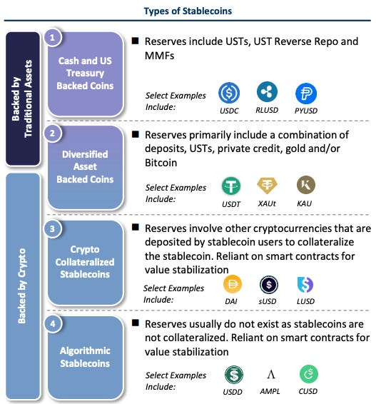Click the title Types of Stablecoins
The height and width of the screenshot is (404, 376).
188,11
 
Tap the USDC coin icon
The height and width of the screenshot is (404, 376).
229,93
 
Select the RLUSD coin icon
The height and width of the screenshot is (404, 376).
267,92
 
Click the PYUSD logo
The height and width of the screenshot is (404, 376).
306,93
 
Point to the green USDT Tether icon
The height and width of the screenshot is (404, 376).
231,186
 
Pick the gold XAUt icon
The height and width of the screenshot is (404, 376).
267,186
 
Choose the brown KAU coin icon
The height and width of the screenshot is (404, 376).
306,185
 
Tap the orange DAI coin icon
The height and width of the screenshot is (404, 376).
232,284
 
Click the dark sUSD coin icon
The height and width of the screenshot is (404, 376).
268,285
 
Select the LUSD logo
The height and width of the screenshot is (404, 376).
305,285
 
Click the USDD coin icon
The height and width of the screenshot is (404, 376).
234,375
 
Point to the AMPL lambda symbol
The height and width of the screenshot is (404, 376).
270,374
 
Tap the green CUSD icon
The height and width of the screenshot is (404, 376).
309,374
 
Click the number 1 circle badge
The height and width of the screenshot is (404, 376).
53,38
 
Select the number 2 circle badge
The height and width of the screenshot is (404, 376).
53,133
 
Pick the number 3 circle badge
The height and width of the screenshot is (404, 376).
53,229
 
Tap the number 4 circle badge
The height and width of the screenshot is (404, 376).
53,323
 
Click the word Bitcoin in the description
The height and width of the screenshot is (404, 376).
161,163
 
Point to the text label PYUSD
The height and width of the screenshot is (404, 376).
306,111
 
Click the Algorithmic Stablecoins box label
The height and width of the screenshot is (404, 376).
85,357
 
